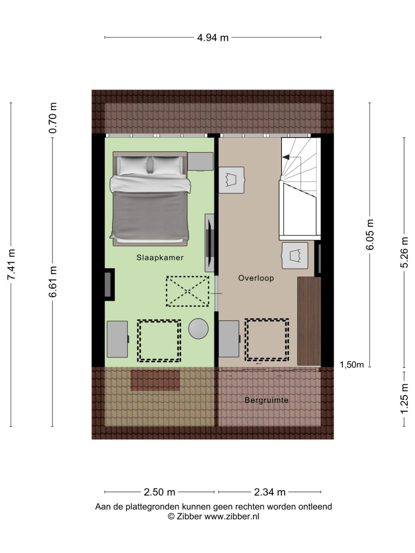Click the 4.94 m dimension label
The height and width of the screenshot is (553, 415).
(x=213, y=37)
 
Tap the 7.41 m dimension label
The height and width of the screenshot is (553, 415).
(x=11, y=264)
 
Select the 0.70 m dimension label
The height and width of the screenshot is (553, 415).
(x=53, y=118)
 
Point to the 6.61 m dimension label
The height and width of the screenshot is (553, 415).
(x=53, y=282)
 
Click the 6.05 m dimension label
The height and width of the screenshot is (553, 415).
(x=370, y=234)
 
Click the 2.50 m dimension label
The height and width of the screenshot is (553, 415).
(x=159, y=492)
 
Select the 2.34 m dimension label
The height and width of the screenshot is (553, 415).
(x=270, y=492)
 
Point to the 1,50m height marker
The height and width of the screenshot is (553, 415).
(x=352, y=365)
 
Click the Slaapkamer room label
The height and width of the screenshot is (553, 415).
(x=160, y=257)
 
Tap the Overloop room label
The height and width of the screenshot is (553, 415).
(x=256, y=278)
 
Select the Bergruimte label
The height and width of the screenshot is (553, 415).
(x=266, y=400)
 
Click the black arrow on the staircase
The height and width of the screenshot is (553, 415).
(x=286, y=157)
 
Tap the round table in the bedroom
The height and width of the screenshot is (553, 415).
(x=198, y=328)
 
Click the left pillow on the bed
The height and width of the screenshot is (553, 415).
(x=133, y=165)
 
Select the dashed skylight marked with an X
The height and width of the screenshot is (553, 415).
(x=187, y=291)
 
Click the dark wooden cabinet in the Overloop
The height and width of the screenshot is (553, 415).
(x=309, y=320)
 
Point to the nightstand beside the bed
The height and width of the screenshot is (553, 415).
(x=200, y=161)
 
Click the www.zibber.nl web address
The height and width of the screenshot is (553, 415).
(x=232, y=517)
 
